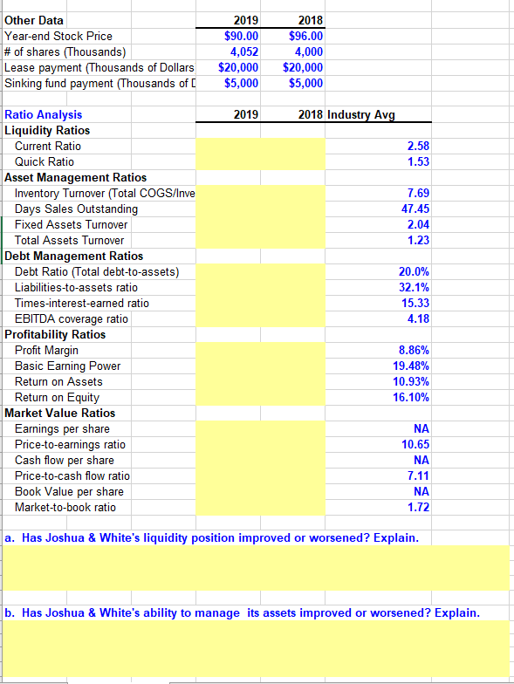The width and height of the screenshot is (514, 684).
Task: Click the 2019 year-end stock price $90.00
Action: point(241,36)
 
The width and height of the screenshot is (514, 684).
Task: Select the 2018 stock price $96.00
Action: point(305,36)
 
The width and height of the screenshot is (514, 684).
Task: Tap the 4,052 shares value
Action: point(243,51)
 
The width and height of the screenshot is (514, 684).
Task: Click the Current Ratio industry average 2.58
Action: point(419,146)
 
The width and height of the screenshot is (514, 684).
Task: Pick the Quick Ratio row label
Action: point(45,161)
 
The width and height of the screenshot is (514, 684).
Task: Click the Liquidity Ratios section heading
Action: point(47,130)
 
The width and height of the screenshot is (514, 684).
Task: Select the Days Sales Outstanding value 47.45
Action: point(415,209)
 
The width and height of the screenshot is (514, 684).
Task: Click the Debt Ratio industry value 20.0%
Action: point(414,271)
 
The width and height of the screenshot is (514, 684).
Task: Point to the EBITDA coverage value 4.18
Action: point(419,318)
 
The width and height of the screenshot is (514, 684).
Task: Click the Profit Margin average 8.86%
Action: point(414,350)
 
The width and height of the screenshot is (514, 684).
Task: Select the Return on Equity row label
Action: point(58,397)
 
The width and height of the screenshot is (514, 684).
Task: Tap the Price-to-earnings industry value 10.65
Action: point(415,444)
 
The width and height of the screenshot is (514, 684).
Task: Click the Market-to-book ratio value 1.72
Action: point(419,507)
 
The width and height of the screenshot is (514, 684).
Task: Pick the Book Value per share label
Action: point(69,491)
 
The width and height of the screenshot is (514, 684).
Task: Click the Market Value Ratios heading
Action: point(59,413)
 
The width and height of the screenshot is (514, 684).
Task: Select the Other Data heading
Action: point(34,20)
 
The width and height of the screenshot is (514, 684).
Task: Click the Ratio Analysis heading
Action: point(44,114)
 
